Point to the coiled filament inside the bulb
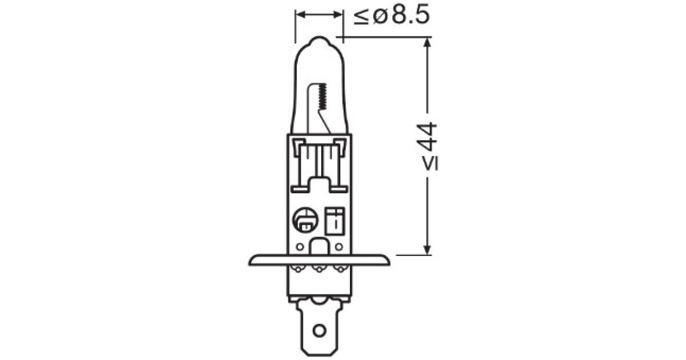[322, 97]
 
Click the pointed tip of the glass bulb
[319, 37]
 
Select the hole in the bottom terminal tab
[319, 331]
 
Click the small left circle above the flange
[300, 246]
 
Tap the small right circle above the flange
[338, 246]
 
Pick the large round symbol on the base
[305, 220]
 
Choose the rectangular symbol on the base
[335, 221]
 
